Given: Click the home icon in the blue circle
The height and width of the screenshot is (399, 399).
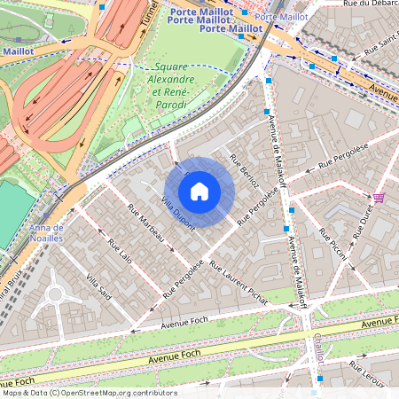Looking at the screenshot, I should tap(199, 192).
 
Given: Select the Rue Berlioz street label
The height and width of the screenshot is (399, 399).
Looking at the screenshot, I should tap(244, 169).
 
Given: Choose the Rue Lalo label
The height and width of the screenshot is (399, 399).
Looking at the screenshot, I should tap(118, 254).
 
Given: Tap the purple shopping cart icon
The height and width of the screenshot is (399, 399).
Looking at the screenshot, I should tap(379, 198).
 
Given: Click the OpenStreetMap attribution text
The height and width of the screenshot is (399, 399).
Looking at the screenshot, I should tap(90, 392).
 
